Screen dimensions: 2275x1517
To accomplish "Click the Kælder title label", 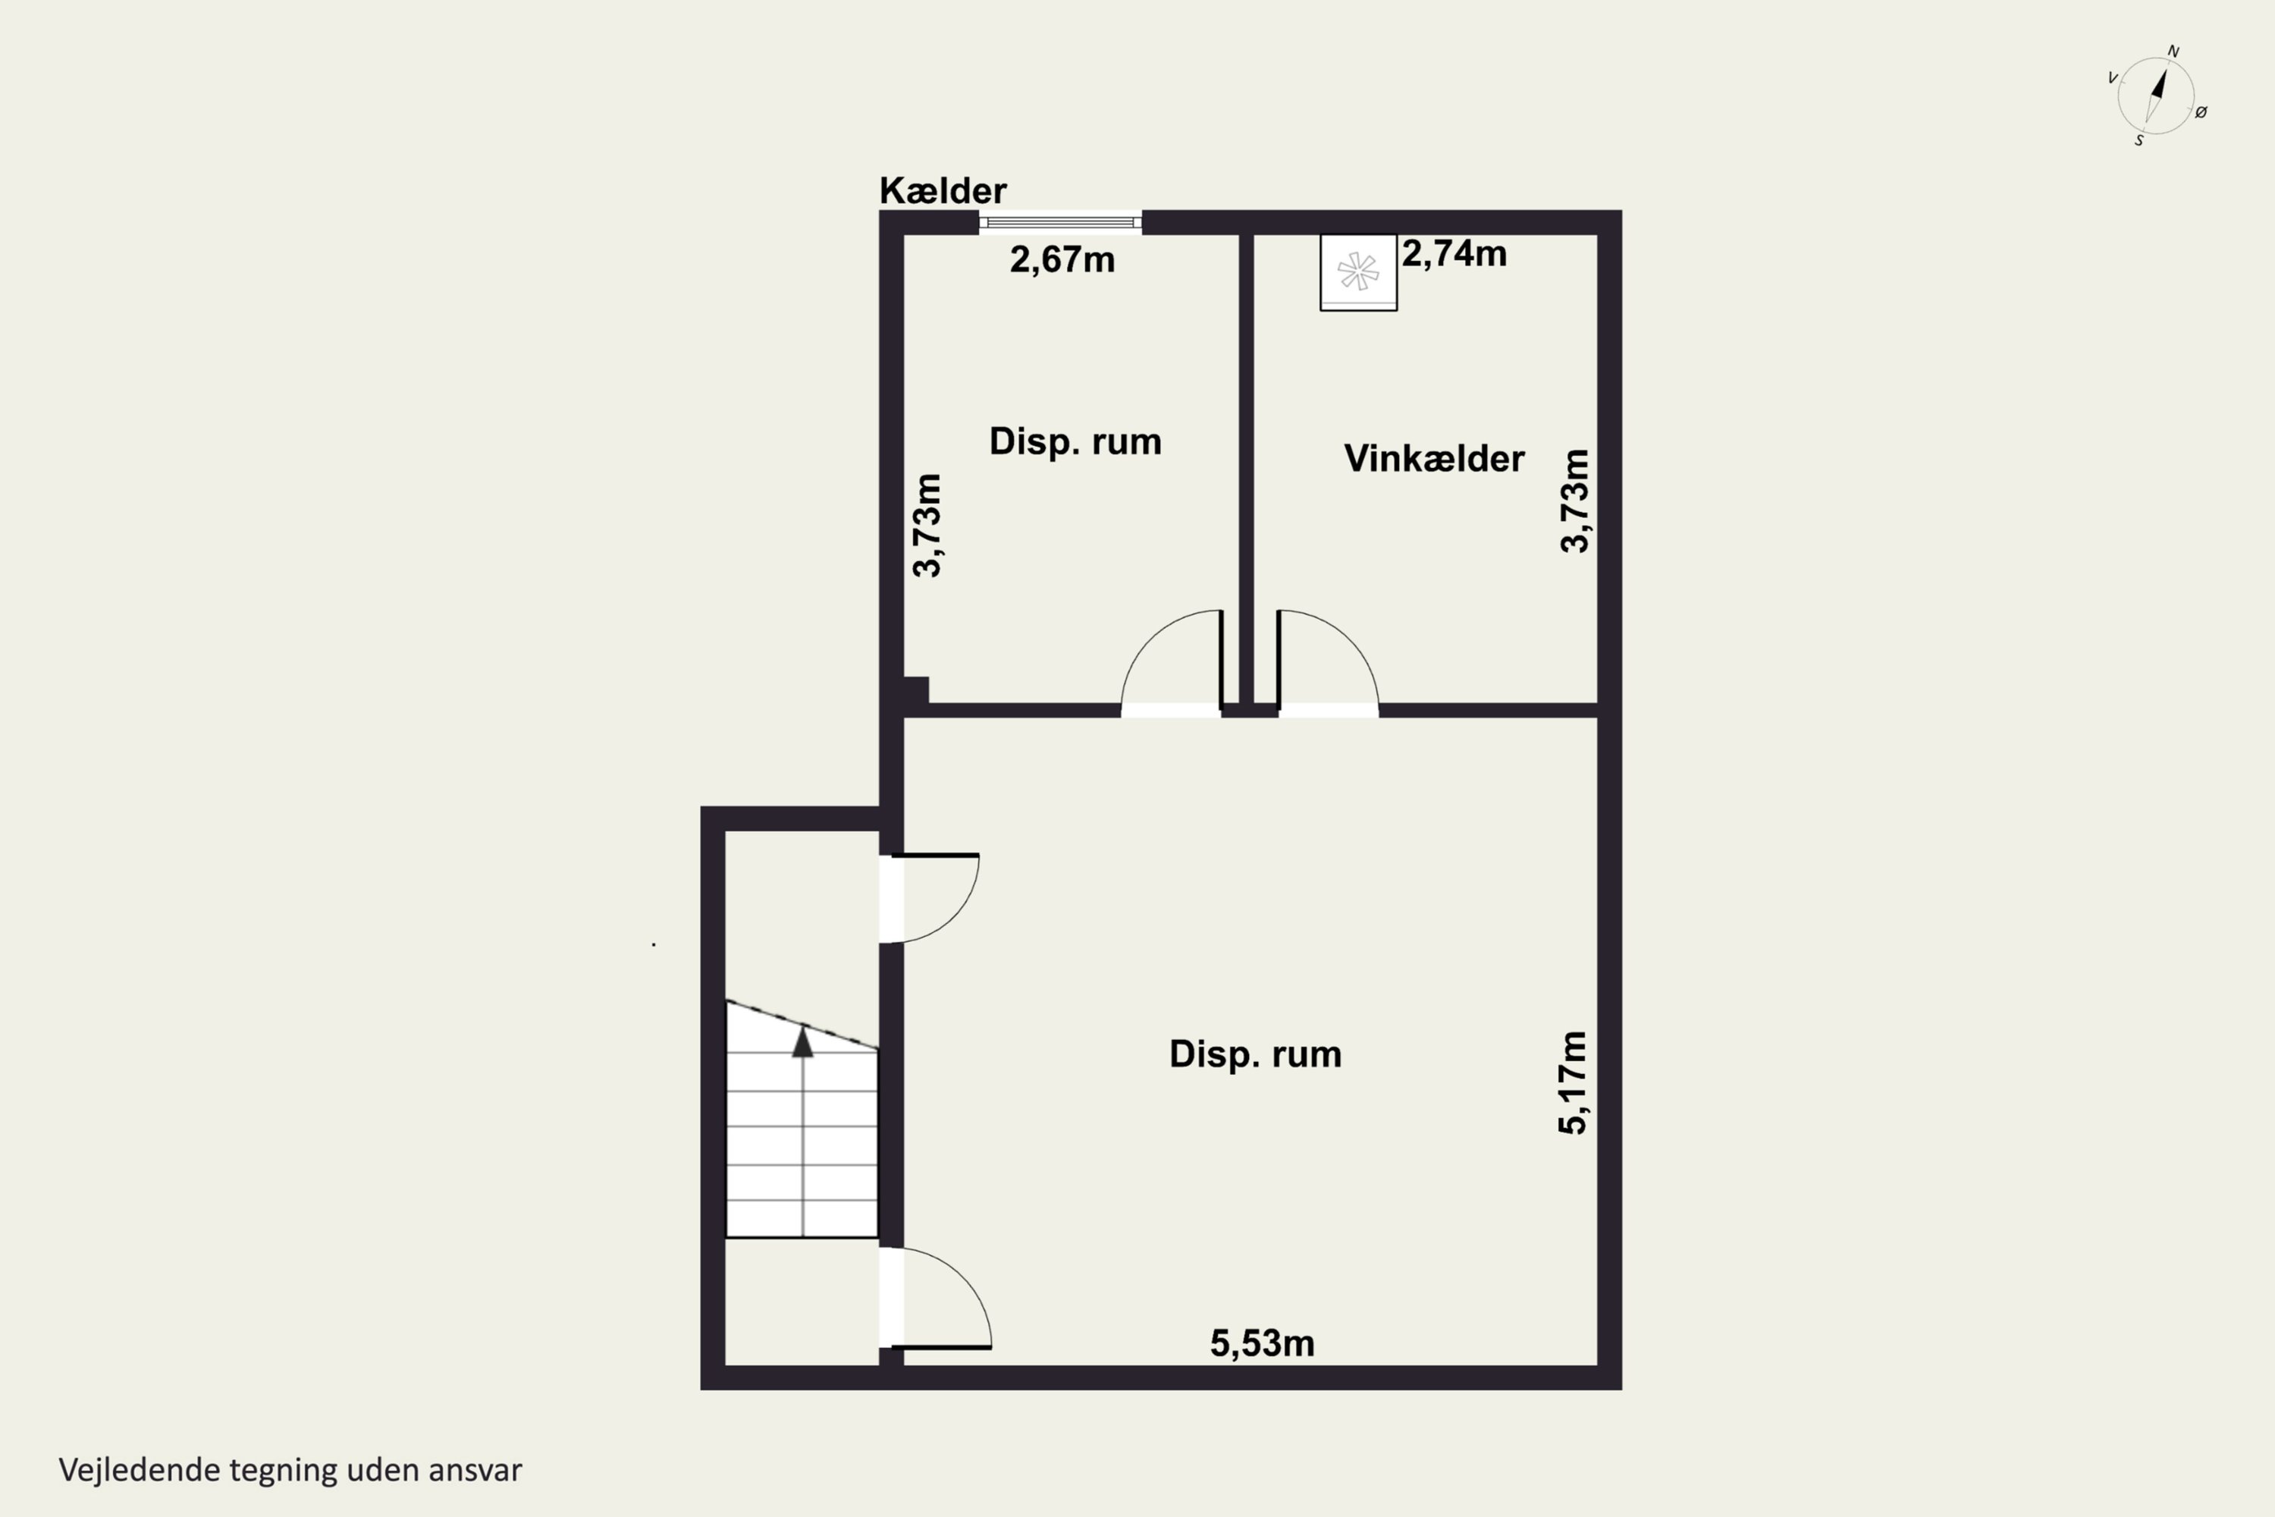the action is pyautogui.click(x=943, y=190).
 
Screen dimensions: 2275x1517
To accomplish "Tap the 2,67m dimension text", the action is pyautogui.click(x=1062, y=260).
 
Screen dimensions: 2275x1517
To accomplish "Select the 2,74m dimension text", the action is pyautogui.click(x=1454, y=253).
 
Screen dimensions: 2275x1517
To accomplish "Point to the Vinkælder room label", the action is pyautogui.click(x=1435, y=459).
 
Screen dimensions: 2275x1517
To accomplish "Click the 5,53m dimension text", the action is pyautogui.click(x=1263, y=1343).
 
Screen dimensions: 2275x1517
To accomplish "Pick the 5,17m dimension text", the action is pyautogui.click(x=1574, y=1082).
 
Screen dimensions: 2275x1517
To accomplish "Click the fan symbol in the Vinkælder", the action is pyautogui.click(x=1358, y=272).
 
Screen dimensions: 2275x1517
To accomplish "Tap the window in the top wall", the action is pyautogui.click(x=1060, y=222).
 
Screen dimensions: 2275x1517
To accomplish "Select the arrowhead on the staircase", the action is pyautogui.click(x=803, y=1043).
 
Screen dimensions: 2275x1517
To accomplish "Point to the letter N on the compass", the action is pyautogui.click(x=2173, y=52).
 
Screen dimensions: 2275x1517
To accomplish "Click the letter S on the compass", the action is pyautogui.click(x=2138, y=141).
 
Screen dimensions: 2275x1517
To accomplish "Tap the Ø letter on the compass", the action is pyautogui.click(x=2201, y=112).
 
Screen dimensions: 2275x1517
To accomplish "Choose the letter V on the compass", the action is pyautogui.click(x=2113, y=78).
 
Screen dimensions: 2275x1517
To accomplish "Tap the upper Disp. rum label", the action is pyautogui.click(x=1075, y=442).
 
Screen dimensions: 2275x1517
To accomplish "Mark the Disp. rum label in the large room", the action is pyautogui.click(x=1256, y=1054).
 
